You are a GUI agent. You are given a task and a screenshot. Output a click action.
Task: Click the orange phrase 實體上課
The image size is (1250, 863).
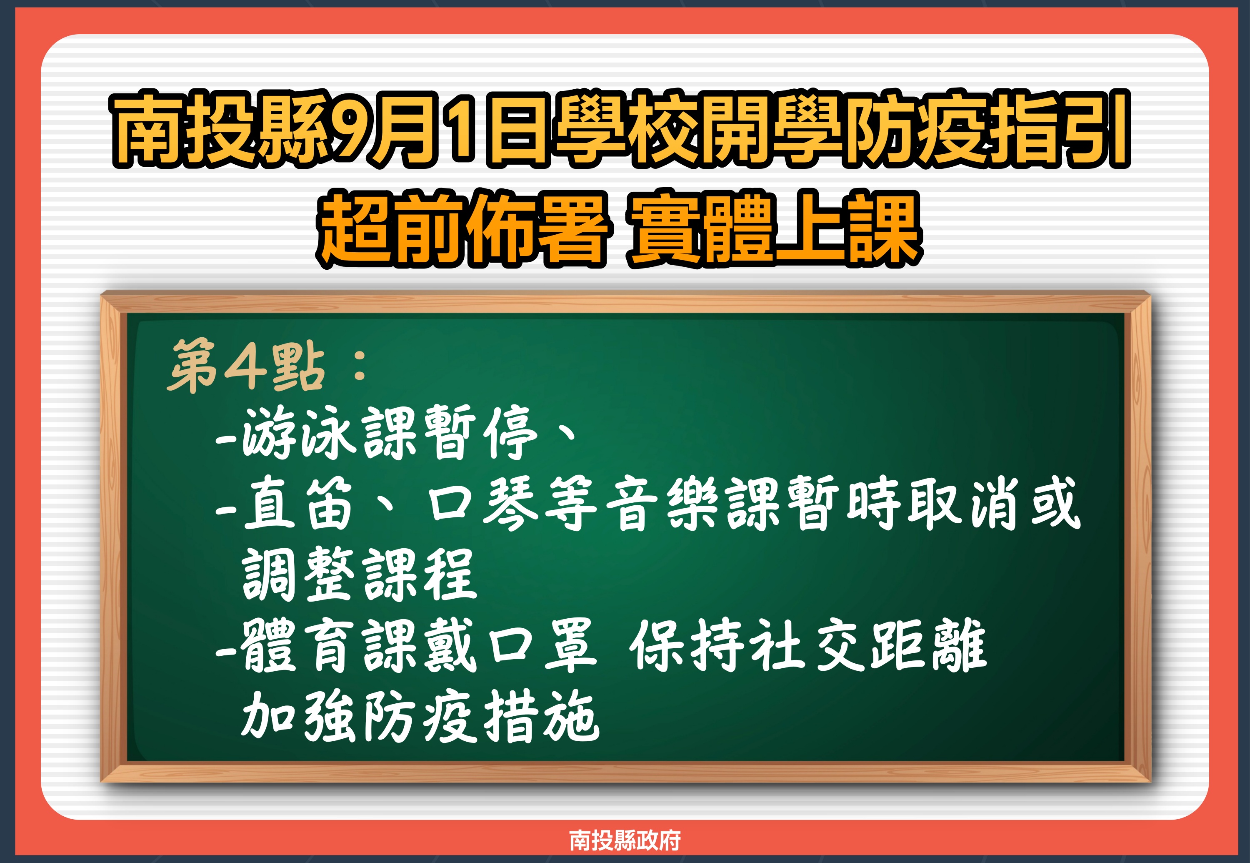pos(774,228)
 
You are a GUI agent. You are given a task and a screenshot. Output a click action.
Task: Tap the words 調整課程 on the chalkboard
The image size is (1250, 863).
pos(360,574)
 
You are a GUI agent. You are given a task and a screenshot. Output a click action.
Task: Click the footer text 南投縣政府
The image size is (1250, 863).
pos(625,840)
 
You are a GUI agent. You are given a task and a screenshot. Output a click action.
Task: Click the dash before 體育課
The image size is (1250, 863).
pos(225,651)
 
